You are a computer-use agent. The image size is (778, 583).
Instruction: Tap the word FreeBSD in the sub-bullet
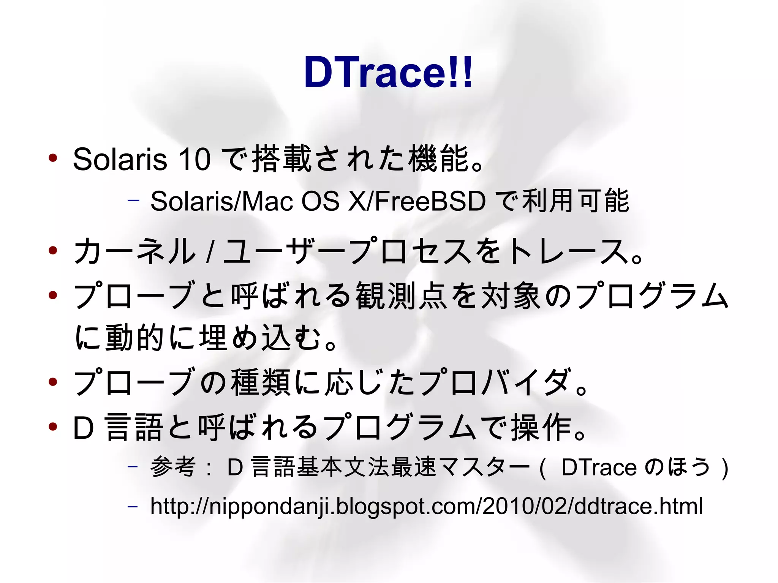[x=430, y=201]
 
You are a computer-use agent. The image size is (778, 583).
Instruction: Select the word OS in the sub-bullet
[x=320, y=201]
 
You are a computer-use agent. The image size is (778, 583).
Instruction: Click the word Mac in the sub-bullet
[x=267, y=201]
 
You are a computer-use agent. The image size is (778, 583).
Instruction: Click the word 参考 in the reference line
[x=173, y=467]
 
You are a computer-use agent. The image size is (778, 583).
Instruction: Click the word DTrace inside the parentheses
[x=599, y=467]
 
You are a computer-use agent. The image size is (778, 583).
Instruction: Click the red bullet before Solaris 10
[x=53, y=158]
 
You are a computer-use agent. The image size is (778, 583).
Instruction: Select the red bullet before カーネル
[x=53, y=250]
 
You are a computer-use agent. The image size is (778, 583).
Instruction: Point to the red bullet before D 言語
[x=53, y=427]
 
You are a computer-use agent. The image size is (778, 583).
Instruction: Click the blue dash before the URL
[x=133, y=506]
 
